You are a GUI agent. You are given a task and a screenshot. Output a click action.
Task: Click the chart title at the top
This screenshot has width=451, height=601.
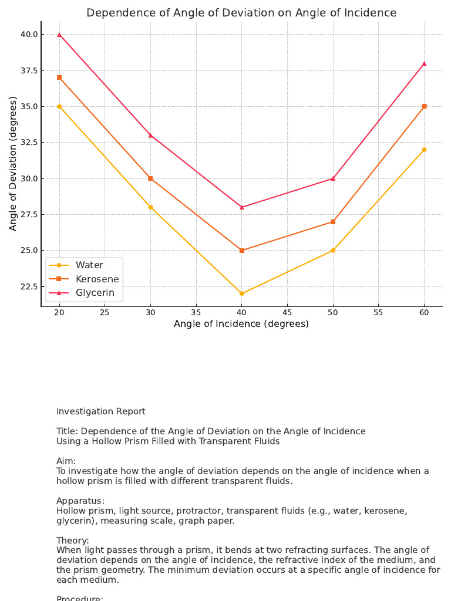241,13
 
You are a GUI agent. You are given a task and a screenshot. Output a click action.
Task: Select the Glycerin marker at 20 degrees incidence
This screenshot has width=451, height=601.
59,35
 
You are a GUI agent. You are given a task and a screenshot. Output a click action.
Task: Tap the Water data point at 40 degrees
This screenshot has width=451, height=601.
242,293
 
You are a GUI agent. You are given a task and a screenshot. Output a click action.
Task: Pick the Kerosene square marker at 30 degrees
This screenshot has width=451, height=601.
150,178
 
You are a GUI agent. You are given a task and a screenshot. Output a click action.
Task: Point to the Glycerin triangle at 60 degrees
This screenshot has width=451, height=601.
424,63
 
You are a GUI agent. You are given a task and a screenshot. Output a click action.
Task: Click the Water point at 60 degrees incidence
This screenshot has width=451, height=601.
424,150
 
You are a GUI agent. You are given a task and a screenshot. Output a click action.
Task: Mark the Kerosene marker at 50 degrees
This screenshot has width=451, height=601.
333,222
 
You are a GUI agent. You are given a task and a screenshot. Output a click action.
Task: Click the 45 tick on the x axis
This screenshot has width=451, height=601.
287,312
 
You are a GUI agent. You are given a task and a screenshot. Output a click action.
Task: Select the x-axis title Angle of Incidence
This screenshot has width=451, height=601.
241,324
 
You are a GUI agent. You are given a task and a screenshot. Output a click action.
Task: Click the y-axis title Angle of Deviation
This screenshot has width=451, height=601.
14,163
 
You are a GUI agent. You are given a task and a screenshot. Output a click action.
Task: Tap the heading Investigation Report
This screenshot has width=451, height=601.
101,411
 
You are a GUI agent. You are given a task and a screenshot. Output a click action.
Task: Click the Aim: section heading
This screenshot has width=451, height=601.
66,461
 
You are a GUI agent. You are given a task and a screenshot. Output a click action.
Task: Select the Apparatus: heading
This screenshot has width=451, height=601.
80,501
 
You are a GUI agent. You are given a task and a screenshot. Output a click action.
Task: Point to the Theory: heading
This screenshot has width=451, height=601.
73,540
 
